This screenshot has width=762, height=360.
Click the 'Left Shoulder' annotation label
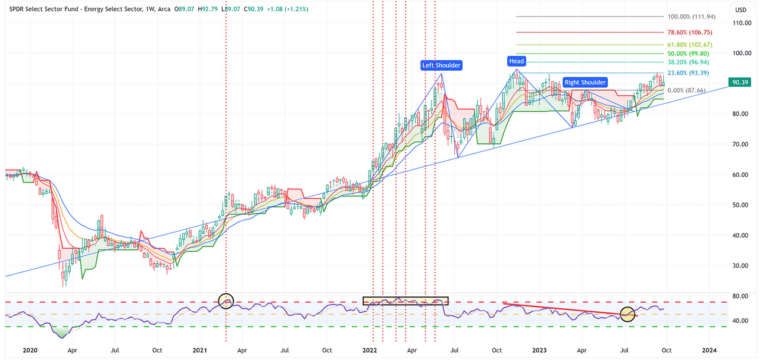point(441,65)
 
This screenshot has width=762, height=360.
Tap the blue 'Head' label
point(516,61)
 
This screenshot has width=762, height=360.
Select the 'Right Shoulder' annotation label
point(585,82)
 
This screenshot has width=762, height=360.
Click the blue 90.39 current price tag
point(741,83)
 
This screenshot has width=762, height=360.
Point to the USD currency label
point(741,10)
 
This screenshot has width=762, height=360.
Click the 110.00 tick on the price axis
point(741,23)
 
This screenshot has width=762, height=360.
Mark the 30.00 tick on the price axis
point(741,265)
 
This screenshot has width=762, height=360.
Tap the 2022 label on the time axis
point(370,351)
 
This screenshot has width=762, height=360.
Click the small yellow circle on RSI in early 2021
point(226,301)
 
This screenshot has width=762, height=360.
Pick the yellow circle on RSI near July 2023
point(627,314)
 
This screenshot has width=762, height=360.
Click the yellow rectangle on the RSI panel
point(405,300)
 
